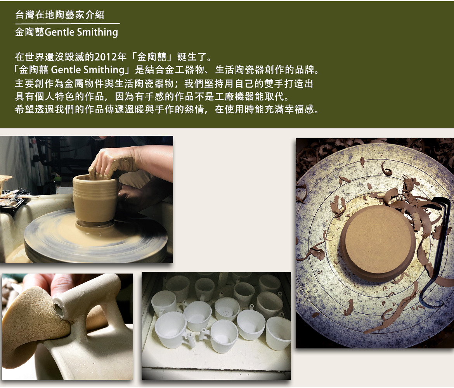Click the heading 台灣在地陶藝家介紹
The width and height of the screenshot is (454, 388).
click(60, 14)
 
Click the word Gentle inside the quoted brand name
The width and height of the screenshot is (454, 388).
click(66, 70)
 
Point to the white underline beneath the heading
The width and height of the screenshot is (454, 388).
click(68, 23)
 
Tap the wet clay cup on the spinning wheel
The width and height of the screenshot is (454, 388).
click(95, 200)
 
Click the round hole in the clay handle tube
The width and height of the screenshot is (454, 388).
click(59, 308)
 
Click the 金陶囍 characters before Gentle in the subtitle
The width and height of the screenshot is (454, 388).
click(30, 32)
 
